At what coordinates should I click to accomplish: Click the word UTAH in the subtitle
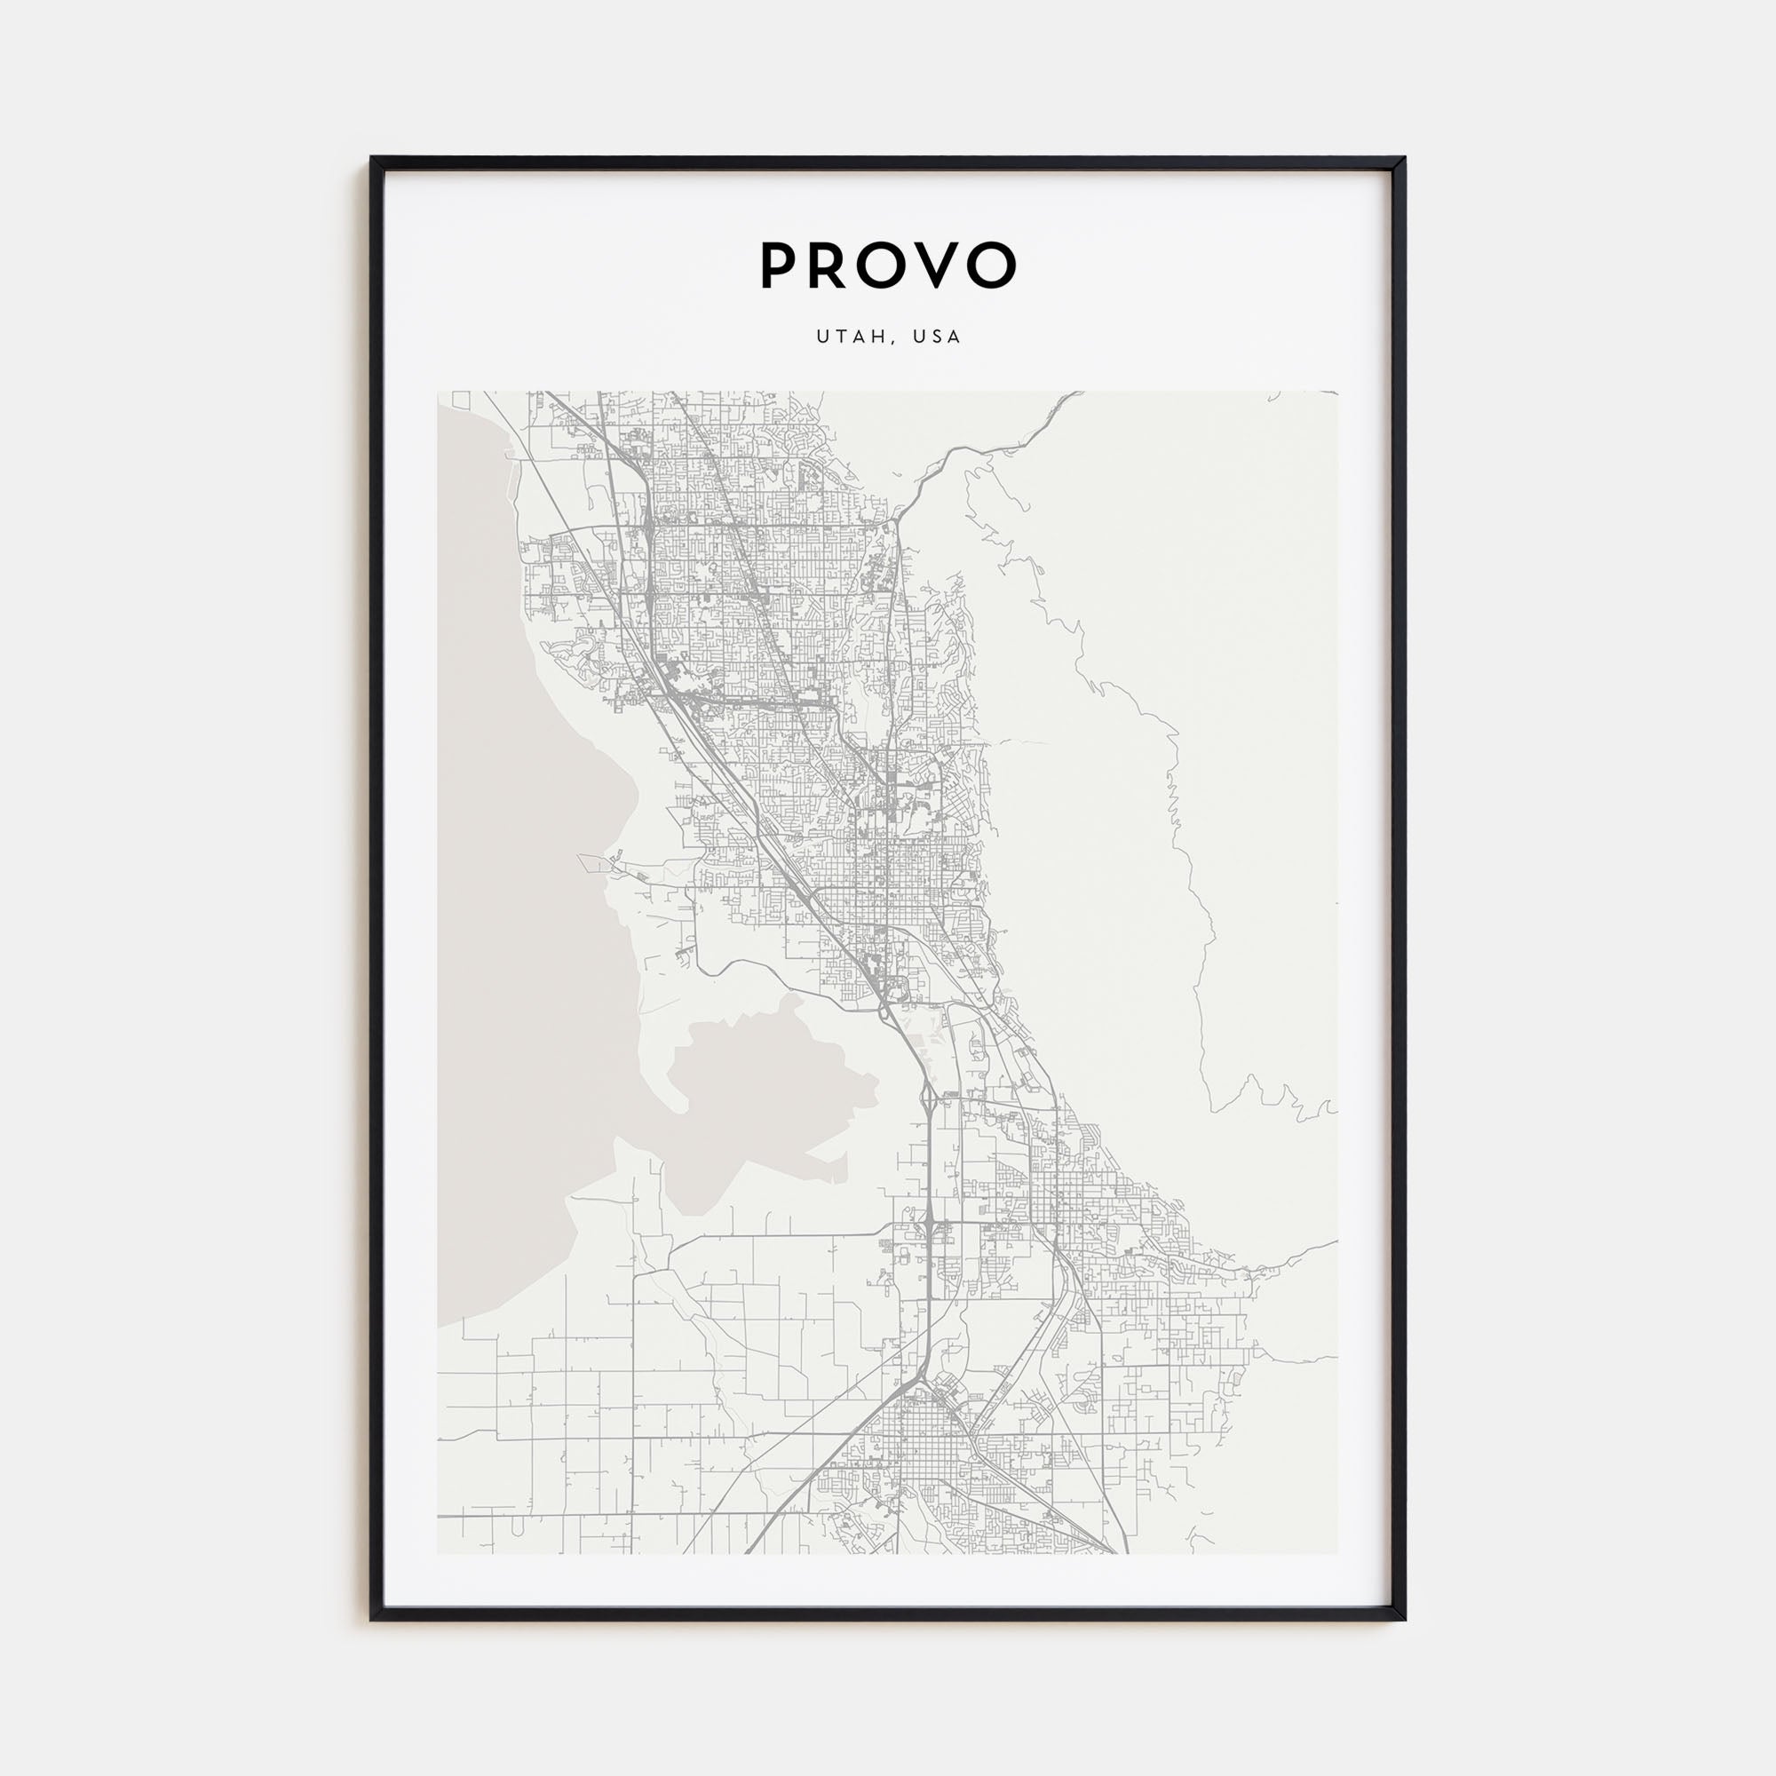[x=851, y=337]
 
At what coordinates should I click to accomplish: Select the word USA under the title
[x=938, y=337]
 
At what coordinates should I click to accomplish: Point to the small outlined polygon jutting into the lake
[x=597, y=861]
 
